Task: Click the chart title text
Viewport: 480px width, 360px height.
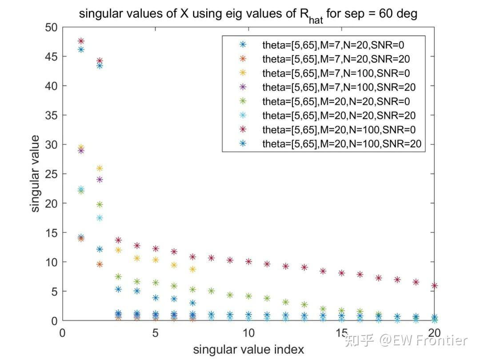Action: tap(248, 14)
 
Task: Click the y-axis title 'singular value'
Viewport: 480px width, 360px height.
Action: tap(36, 173)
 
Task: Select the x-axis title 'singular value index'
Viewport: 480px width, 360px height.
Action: tap(248, 349)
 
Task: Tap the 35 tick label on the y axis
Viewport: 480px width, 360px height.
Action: tap(52, 115)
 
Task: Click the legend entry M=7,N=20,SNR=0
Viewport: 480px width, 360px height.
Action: tap(333, 44)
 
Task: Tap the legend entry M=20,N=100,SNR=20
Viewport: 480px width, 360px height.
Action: tap(341, 144)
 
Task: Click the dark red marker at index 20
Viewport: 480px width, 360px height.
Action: tap(434, 286)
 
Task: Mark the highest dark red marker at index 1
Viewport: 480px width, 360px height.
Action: tap(81, 41)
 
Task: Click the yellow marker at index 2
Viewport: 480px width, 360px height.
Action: tap(100, 168)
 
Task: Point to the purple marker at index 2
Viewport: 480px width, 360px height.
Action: tap(100, 180)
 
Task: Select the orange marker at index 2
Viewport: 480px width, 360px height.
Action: tap(100, 264)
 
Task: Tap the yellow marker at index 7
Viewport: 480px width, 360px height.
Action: tap(192, 269)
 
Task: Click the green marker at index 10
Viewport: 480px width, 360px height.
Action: tap(248, 296)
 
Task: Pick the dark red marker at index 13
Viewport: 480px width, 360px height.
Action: tap(304, 268)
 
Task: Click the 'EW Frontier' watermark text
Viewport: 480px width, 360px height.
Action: tap(422, 340)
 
